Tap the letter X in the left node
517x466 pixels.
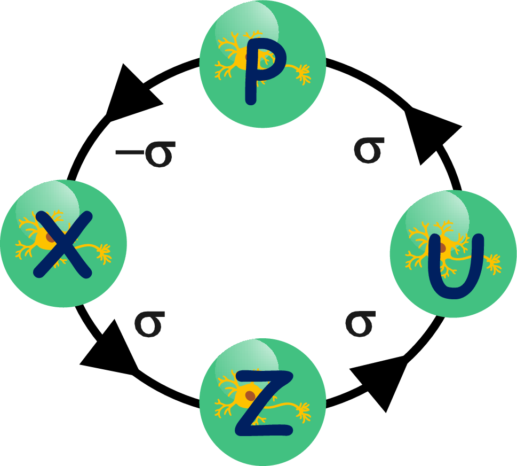61,244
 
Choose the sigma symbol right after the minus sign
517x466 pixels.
158,154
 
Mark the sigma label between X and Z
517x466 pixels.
149,324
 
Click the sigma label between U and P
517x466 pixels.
369,150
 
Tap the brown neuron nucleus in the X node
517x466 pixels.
50,237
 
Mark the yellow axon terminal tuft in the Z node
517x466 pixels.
304,411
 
